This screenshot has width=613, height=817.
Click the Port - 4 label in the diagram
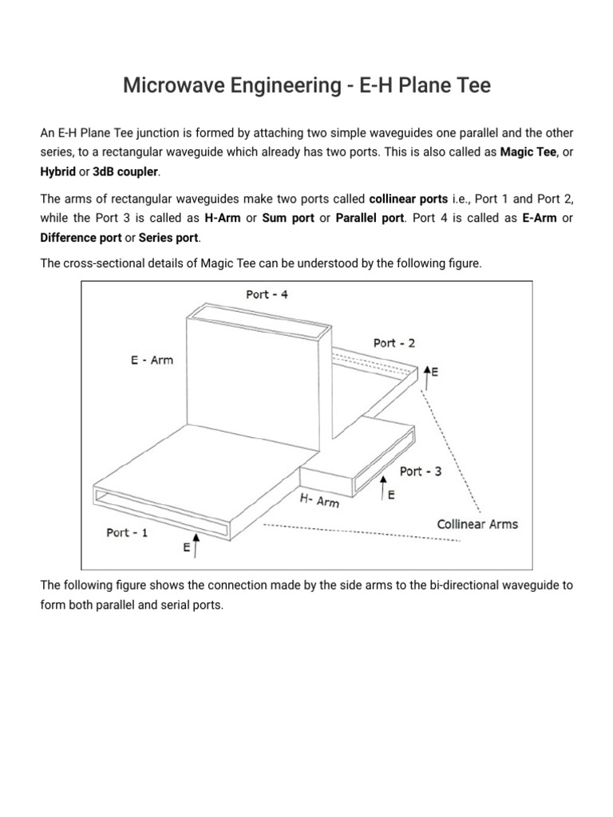(267, 294)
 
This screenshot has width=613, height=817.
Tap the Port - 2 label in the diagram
(394, 343)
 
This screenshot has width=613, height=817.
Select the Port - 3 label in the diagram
(421, 472)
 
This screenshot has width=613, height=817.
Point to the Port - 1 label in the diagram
(127, 532)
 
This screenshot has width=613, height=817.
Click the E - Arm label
(152, 360)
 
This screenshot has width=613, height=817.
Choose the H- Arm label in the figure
(319, 501)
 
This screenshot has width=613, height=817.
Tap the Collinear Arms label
(477, 524)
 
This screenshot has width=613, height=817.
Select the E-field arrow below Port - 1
(196, 546)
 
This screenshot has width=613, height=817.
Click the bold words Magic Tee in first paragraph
(528, 152)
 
